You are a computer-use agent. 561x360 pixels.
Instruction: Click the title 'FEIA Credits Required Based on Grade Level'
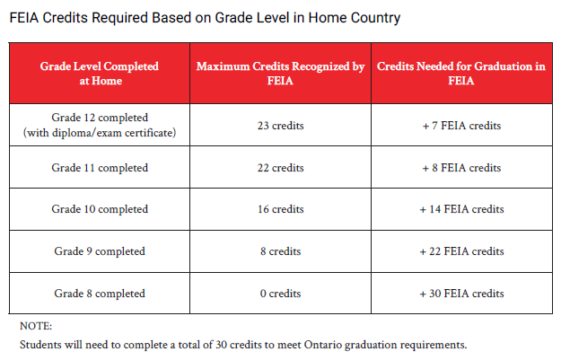tap(205, 18)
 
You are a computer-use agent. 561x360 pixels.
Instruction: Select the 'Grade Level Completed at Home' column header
tap(100, 74)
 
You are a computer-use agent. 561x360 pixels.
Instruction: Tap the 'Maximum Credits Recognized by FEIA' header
tap(280, 74)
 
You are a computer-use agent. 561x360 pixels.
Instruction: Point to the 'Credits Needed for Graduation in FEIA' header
tap(461, 74)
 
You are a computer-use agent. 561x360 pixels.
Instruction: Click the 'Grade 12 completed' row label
tap(100, 118)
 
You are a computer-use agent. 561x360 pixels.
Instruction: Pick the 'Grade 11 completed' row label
tap(100, 168)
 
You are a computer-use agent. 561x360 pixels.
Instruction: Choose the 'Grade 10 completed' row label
tap(100, 209)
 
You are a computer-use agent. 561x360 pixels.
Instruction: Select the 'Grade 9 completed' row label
tap(100, 251)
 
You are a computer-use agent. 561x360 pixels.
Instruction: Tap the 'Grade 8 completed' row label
tap(100, 294)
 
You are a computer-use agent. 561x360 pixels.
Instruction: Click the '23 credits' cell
tap(280, 126)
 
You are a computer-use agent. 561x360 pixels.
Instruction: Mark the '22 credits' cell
tap(280, 168)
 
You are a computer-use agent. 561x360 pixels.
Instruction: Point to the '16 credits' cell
tap(280, 209)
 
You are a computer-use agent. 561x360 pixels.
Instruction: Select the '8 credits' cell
tap(280, 251)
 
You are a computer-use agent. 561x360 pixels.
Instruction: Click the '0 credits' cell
tap(280, 294)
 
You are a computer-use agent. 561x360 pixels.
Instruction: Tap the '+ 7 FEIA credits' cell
tap(461, 126)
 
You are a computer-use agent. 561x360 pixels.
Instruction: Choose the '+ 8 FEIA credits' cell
tap(461, 168)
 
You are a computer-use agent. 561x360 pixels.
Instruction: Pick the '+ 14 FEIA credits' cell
tap(461, 209)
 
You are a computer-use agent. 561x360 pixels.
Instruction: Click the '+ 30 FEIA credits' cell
tap(461, 294)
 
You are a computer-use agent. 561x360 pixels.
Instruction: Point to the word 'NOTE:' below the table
tap(36, 326)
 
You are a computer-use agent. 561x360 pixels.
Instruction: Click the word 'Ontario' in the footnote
tap(323, 345)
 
